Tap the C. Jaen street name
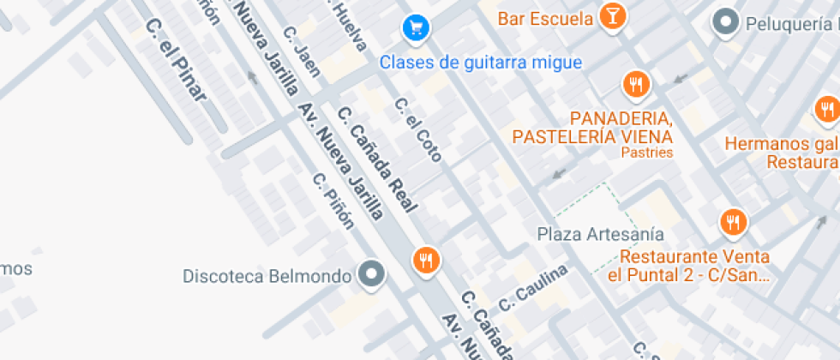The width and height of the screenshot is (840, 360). (302, 51)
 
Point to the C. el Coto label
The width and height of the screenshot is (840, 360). (418, 129)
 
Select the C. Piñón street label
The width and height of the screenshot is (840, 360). (333, 202)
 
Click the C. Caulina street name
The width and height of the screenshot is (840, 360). (533, 288)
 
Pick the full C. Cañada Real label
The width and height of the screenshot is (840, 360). (377, 159)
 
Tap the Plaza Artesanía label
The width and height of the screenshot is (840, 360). (600, 234)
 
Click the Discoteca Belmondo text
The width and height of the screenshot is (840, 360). (267, 276)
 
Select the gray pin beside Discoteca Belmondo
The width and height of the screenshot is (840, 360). (371, 274)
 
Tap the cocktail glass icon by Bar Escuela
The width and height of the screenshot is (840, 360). (613, 16)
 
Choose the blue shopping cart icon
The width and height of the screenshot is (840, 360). (416, 28)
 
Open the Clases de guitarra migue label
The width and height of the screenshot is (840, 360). (481, 63)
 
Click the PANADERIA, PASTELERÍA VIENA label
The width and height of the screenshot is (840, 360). (592, 126)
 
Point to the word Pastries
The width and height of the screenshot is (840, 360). (647, 153)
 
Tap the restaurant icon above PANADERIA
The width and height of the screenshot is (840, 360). (635, 84)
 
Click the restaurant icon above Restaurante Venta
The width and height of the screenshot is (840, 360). (733, 223)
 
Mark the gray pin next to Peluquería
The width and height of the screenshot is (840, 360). (726, 22)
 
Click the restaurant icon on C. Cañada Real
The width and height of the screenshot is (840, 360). (426, 260)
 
